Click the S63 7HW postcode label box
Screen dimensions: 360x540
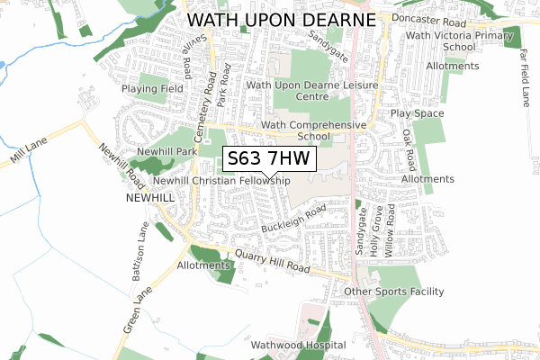[269, 159]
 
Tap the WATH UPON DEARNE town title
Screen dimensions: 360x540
[280, 19]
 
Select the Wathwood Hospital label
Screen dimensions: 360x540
[299, 345]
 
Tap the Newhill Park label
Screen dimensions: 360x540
[166, 152]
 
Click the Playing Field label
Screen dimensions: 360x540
[153, 90]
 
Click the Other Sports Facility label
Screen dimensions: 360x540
[394, 292]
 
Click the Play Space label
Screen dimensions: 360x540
[417, 114]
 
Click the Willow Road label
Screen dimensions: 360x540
[391, 232]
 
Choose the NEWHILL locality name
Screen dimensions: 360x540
[148, 196]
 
